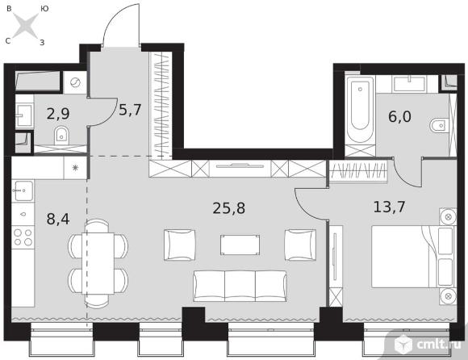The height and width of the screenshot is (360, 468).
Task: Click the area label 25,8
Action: pos(229,208)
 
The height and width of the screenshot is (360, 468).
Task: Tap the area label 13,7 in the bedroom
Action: pos(389,207)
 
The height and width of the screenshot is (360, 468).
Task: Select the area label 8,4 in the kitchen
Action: pos(58,219)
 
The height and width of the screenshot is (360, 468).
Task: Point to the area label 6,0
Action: pos(399,116)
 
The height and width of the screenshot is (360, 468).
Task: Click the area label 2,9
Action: pos(58,114)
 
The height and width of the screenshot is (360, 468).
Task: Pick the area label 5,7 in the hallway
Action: pos(130,110)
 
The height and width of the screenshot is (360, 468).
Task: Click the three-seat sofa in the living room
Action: pos(240,286)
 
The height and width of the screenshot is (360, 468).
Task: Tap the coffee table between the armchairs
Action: pos(240,245)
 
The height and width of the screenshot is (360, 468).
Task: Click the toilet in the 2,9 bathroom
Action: pos(61,135)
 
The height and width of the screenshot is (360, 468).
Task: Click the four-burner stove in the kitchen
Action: pos(23,237)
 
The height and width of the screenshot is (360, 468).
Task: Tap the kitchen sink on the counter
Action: pos(23,190)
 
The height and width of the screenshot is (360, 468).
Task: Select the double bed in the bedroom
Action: pos(413,257)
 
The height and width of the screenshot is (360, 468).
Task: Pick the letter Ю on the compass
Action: pos(44,9)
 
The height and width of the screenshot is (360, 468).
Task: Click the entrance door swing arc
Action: pos(117,17)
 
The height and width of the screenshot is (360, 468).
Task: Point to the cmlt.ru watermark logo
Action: pos(428,345)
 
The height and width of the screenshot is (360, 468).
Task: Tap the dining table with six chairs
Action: pos(98,264)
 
